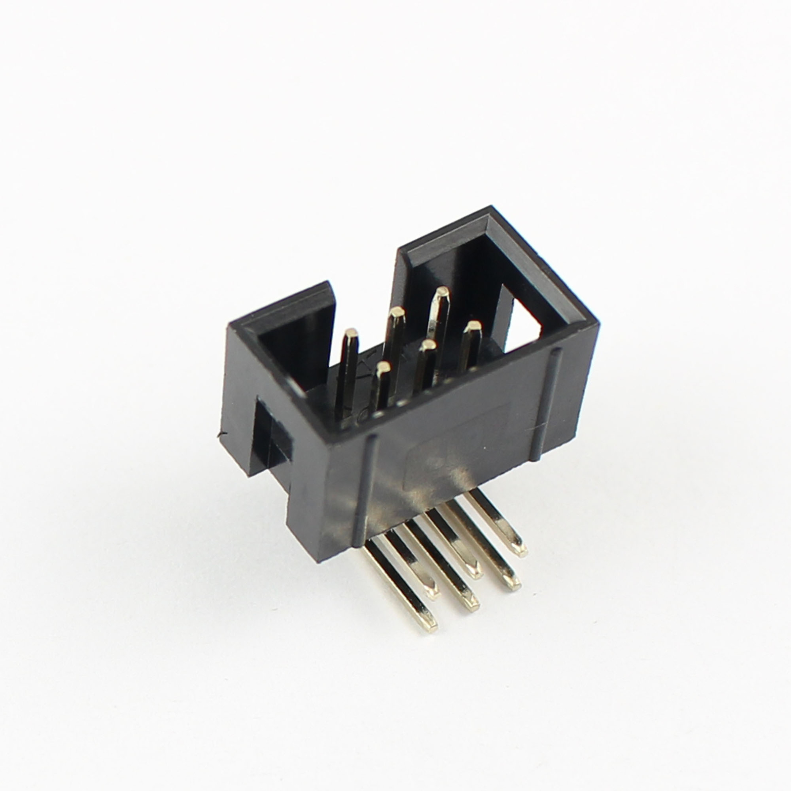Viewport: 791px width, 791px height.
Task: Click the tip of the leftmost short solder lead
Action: [x=431, y=591]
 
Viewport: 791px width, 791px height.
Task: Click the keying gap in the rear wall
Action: [x=366, y=297]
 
